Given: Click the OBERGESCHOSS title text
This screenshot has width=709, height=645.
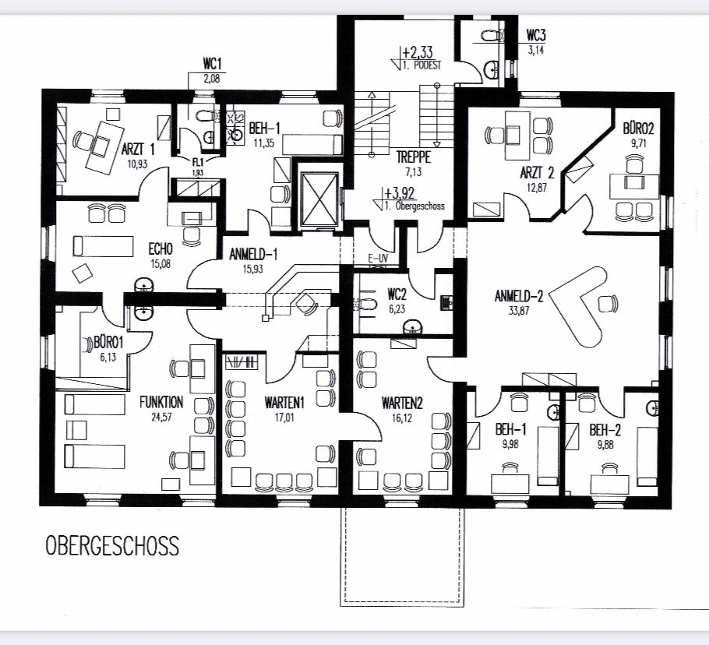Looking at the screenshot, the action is [112, 545].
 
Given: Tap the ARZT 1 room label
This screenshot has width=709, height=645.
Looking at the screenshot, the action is [138, 150].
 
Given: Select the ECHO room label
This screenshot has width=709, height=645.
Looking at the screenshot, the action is [160, 249].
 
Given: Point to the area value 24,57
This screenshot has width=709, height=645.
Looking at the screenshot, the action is [161, 417].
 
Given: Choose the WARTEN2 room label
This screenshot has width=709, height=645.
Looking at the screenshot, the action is [402, 403].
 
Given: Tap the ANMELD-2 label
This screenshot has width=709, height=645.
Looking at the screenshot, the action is [519, 296].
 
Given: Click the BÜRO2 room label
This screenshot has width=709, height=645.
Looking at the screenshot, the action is [638, 129].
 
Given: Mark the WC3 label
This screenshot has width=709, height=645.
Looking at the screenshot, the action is [536, 35].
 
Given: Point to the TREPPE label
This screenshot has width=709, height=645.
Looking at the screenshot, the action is [413, 157].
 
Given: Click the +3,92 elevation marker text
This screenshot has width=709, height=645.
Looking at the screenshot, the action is [399, 193].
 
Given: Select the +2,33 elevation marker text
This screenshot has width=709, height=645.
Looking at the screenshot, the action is [418, 51].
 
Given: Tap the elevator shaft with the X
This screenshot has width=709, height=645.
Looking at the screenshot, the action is [319, 199].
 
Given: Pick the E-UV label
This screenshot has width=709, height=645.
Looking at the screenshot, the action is [377, 259].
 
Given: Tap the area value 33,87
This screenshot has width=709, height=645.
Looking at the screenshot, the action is [519, 311].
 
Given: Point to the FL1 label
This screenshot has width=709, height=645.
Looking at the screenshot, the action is [198, 162].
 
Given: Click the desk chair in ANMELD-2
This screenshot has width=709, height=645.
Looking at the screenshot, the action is [608, 303].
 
